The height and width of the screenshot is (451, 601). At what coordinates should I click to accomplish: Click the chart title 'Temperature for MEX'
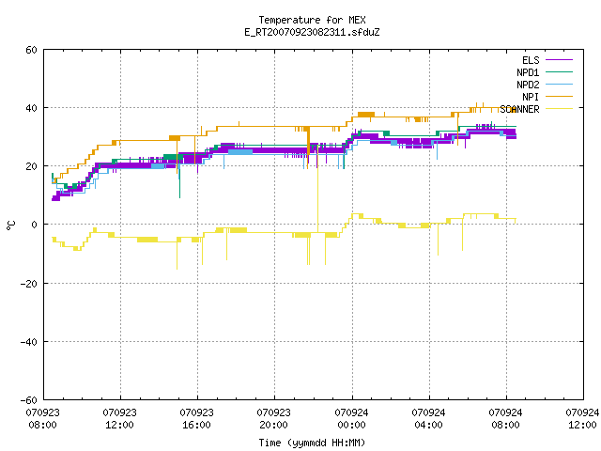(x=312, y=20)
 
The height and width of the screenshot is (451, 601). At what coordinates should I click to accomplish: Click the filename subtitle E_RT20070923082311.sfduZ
(x=312, y=32)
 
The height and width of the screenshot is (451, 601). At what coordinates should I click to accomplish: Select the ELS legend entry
(x=547, y=60)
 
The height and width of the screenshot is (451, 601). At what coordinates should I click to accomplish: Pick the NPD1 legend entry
(x=545, y=72)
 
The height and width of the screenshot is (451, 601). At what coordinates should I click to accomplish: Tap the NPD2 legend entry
(x=545, y=85)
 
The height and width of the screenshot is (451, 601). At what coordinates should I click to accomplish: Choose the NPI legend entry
(x=547, y=97)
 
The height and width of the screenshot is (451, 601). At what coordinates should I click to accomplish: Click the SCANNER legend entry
(x=536, y=109)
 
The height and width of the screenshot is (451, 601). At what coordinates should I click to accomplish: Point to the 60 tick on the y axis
(x=31, y=50)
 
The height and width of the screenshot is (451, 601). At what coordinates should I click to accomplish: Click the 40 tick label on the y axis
(x=31, y=108)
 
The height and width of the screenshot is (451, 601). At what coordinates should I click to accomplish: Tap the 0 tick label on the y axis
(x=34, y=225)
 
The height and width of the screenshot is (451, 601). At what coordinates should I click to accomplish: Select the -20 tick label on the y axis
(x=29, y=284)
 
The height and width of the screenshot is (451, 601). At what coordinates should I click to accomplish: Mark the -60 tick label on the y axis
(x=29, y=400)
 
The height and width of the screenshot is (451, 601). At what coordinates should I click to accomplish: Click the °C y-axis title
(x=11, y=225)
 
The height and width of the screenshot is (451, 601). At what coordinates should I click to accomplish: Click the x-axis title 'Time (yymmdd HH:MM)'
(x=312, y=443)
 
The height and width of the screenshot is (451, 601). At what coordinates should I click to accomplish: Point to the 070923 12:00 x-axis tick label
(x=120, y=419)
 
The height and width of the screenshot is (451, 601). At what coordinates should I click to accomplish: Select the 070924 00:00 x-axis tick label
(x=351, y=419)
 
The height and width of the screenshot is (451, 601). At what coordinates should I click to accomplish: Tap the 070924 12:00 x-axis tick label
(x=582, y=419)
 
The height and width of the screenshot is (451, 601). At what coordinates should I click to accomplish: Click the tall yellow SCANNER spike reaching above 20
(x=317, y=188)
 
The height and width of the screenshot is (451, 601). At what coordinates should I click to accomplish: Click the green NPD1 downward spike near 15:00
(x=179, y=179)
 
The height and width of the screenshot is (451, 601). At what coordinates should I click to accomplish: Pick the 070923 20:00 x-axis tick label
(x=273, y=419)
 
